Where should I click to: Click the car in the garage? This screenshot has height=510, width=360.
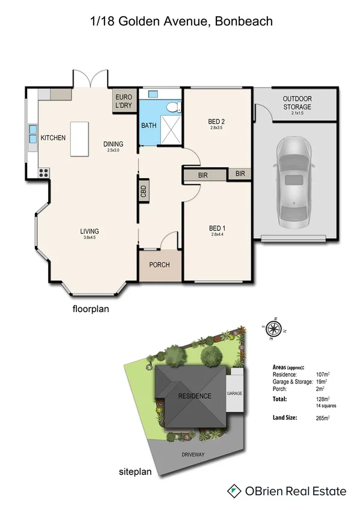point(293,180)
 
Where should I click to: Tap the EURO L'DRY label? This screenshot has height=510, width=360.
point(123,101)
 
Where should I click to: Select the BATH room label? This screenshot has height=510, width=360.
point(148,126)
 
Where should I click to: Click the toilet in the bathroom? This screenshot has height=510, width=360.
point(172,107)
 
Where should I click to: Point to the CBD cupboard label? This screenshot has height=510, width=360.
point(144,191)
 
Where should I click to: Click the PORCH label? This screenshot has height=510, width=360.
point(159,265)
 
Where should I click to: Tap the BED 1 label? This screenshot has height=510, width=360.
point(216,228)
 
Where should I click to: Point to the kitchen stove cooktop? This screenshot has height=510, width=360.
point(43,171)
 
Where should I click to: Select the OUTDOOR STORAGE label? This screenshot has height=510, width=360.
point(296,103)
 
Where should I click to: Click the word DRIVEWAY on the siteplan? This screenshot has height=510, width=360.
point(195,455)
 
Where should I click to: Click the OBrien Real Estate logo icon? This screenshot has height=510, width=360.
point(234,491)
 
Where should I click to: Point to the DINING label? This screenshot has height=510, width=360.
point(113,144)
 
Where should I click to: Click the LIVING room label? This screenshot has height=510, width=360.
point(90,231)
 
